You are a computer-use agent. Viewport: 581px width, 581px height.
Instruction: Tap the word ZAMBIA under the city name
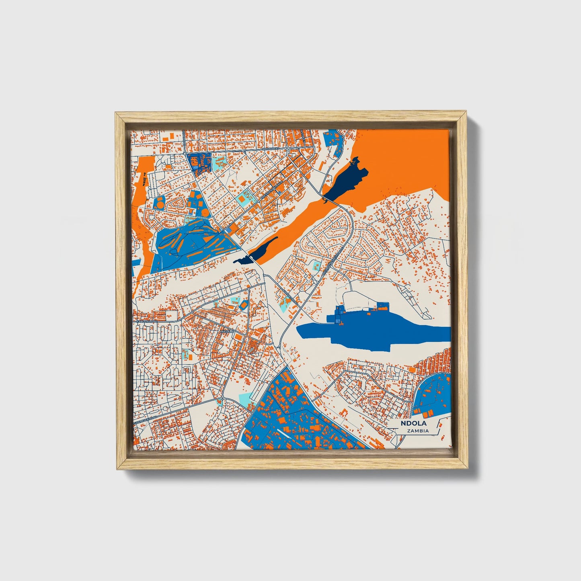[x=417, y=431]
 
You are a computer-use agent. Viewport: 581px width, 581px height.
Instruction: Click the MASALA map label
[x=227, y=331]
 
